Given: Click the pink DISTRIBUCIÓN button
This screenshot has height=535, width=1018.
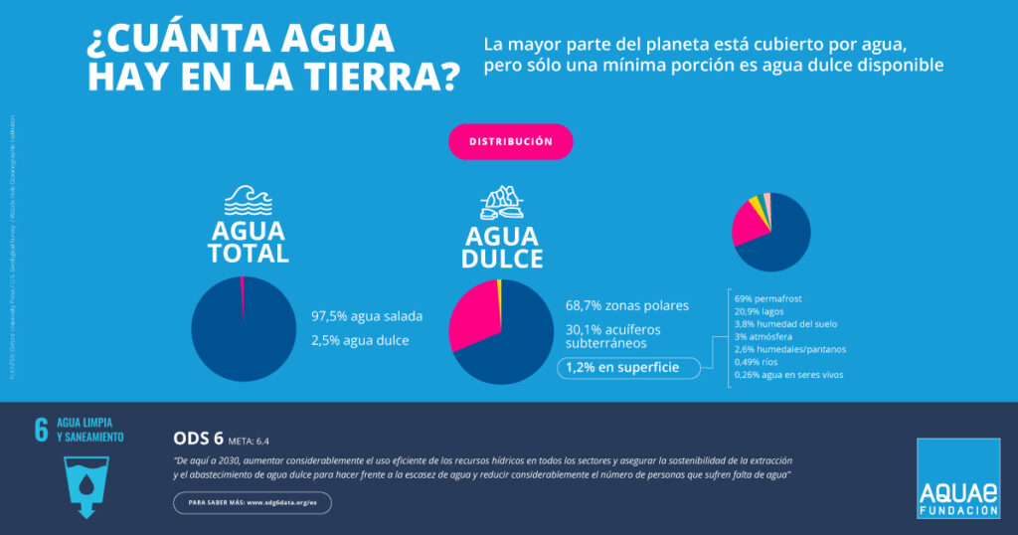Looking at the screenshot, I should click(510, 141).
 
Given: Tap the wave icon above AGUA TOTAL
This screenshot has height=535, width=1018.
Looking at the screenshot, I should click(248, 201).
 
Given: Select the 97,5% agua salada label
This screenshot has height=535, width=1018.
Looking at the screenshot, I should click(367, 316).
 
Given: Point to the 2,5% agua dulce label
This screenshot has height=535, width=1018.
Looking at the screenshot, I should click(360, 341).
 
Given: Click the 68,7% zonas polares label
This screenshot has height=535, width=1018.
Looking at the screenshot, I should click(626, 305).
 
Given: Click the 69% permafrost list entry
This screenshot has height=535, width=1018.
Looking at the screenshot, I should click(767, 298).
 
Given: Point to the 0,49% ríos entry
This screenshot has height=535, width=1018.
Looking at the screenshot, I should click(758, 363).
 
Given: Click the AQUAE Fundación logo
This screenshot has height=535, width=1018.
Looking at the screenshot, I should click(958, 478).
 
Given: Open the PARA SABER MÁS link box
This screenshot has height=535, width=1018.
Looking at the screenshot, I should click(252, 503).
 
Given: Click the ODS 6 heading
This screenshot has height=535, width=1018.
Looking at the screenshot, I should click(197, 439).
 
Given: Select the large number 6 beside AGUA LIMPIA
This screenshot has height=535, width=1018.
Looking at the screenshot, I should click(41, 430).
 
